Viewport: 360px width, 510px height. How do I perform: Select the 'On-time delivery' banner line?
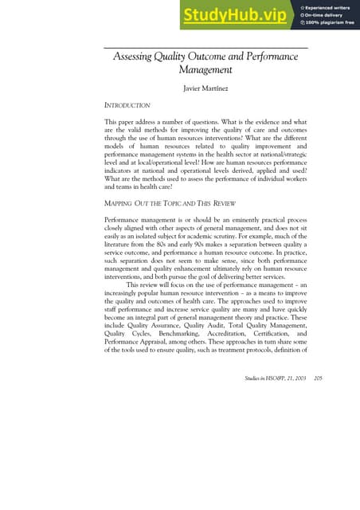tap(326, 15)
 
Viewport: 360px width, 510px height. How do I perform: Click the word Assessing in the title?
tap(136, 57)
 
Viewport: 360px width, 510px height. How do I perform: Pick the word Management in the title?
tap(205, 70)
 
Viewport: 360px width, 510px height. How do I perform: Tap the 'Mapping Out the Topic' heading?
tap(170, 203)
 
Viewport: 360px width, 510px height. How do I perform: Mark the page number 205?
tap(319, 466)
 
